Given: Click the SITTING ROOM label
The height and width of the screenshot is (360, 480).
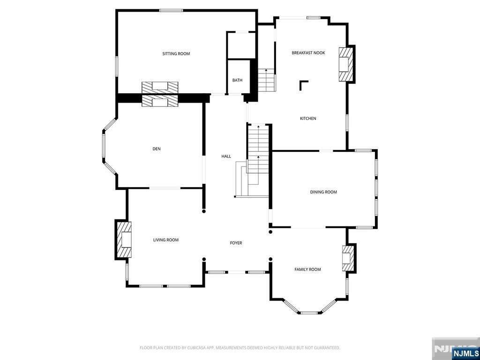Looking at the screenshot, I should coord(176,54).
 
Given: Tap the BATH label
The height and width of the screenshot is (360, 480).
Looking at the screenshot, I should coord(237,80).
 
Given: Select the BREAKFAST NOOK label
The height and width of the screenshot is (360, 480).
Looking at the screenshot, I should coord(308,53).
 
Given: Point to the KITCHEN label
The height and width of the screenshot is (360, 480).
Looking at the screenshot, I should coord(308,119).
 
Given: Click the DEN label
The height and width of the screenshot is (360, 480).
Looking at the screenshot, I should coord(157,149).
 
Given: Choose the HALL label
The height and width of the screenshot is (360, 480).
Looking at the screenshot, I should coord(226,157).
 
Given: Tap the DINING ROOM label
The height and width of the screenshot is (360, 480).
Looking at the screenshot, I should coord(323,192).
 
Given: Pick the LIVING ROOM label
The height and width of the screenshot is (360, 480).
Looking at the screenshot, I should coord(166,240).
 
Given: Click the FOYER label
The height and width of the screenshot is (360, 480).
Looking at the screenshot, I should coord(236,243).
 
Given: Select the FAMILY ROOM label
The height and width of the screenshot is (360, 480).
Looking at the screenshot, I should coord(307,270).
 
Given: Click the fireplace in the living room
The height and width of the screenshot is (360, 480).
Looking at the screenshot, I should coord(124,240).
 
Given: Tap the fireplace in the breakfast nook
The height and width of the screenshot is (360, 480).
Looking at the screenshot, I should coord(345,64).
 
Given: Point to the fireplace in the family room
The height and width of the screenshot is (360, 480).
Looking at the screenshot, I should coord(348,258).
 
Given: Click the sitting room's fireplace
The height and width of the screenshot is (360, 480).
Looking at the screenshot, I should coord(160,87).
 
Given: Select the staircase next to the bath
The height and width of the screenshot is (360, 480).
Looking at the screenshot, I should coord(266,80).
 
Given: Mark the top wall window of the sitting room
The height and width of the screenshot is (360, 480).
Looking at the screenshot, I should coord(171,10).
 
